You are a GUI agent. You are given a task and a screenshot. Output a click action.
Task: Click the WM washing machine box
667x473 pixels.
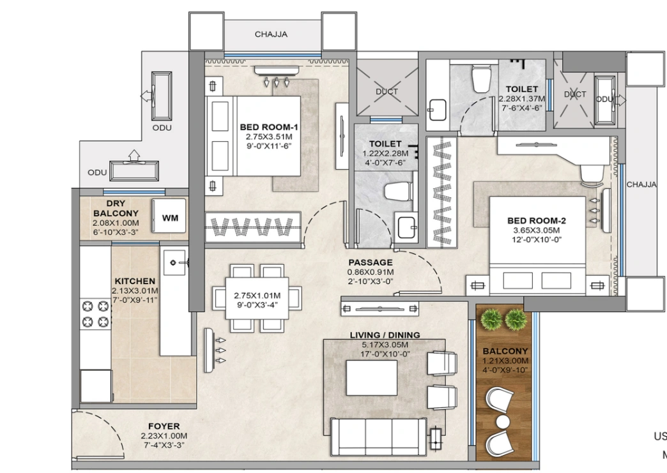click(170, 218)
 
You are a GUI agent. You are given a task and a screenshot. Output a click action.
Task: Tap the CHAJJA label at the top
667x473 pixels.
click(271, 34)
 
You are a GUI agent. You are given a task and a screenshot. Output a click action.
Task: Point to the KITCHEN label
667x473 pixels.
click(134, 281)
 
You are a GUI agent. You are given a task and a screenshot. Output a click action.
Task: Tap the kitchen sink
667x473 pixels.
click(175, 262)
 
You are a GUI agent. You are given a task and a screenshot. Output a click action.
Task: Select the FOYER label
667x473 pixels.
click(164, 426)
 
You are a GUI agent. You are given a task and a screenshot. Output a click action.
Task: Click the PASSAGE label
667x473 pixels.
click(370, 262)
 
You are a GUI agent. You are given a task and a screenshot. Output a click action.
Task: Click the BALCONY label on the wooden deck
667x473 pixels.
click(505, 351)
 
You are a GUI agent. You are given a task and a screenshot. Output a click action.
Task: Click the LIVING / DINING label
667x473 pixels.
click(385, 335)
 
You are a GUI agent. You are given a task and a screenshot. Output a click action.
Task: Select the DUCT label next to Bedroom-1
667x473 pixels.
click(386, 92)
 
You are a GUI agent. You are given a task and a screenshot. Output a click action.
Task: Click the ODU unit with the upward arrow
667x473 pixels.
click(135, 171)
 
